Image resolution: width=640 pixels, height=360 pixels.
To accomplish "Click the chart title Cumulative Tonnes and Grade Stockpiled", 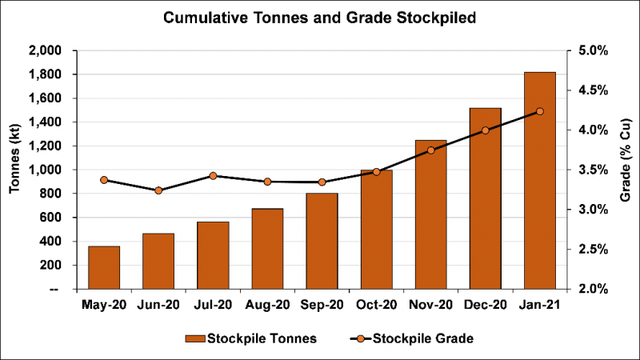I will pos(320,18).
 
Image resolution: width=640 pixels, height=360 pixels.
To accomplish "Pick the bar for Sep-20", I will pos(322,241).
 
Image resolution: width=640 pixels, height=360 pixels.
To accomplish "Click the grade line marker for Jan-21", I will pos(539,111).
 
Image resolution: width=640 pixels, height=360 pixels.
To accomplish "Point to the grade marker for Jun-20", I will pos(158,190).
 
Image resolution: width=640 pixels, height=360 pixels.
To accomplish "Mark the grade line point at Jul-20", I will pos(213,176).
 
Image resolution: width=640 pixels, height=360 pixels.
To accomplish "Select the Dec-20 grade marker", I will pos(485,130).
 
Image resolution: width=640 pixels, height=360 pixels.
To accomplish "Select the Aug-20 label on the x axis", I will pos(267,305).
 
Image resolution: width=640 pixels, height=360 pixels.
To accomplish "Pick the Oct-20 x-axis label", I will pos(376,305).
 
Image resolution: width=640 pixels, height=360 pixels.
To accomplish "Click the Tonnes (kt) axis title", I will pos(15,169).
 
